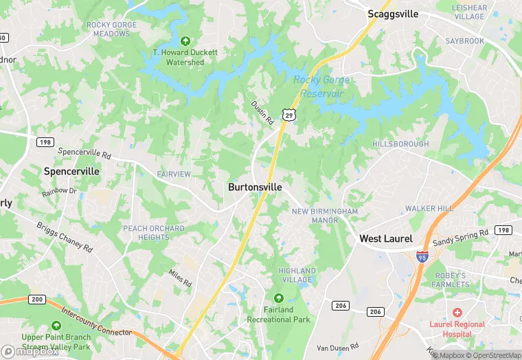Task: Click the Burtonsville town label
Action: [x=255, y=187]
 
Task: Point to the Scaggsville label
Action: [x=393, y=14]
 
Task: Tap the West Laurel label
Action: [x=386, y=239]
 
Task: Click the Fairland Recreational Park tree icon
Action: [x=278, y=298]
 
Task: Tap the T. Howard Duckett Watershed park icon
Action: [x=185, y=41]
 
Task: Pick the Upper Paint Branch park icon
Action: [x=56, y=326]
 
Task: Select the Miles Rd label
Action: [x=180, y=278]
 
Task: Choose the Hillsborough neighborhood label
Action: [x=400, y=144]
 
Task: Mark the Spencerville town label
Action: [x=71, y=170]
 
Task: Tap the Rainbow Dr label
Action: [x=59, y=190]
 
